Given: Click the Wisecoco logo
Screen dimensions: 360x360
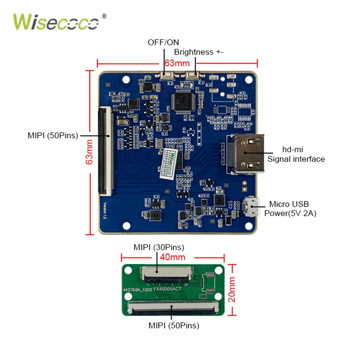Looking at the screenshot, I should click(x=59, y=22).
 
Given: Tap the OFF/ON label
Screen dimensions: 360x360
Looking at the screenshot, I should click(x=163, y=42).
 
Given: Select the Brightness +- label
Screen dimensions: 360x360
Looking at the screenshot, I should click(x=199, y=52).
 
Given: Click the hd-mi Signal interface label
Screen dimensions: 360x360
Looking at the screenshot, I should click(x=296, y=154).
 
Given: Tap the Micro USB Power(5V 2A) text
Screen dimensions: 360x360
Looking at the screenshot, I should click(x=290, y=208).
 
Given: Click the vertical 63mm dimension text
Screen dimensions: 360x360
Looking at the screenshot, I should click(x=89, y=152).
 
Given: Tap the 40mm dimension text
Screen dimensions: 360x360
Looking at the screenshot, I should click(x=172, y=257).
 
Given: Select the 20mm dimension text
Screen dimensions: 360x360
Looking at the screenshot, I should click(x=232, y=289).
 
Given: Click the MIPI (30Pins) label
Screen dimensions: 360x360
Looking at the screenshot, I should click(x=159, y=247).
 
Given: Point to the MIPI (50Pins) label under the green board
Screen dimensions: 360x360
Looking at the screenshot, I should click(x=174, y=326).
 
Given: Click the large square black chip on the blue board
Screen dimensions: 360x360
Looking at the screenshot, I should click(x=183, y=101).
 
